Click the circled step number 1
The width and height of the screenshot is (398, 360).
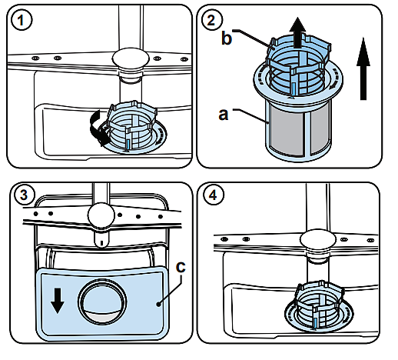pyautogui.click(x=22, y=20)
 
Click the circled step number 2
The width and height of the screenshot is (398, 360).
pyautogui.click(x=211, y=20)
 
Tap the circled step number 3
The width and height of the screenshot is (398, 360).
pyautogui.click(x=24, y=195)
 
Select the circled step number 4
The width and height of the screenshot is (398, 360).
pyautogui.click(x=213, y=195)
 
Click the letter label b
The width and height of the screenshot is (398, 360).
pyautogui.click(x=227, y=38)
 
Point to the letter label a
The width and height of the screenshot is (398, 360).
pyautogui.click(x=224, y=114)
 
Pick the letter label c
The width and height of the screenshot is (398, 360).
pyautogui.click(x=181, y=267)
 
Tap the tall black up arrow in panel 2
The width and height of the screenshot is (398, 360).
pyautogui.click(x=363, y=68)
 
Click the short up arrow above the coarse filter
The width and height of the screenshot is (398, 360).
pyautogui.click(x=297, y=33)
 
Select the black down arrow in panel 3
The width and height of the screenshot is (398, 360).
pyautogui.click(x=58, y=300)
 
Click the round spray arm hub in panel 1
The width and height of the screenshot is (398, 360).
pyautogui.click(x=131, y=58)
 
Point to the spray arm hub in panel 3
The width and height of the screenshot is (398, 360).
pyautogui.click(x=101, y=215)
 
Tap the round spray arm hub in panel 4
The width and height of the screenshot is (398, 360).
pyautogui.click(x=317, y=241)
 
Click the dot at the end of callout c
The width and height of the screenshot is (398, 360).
pyautogui.click(x=159, y=304)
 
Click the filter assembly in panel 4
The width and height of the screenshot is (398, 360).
pyautogui.click(x=319, y=307)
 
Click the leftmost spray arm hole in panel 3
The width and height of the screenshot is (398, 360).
pyautogui.click(x=35, y=214)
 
